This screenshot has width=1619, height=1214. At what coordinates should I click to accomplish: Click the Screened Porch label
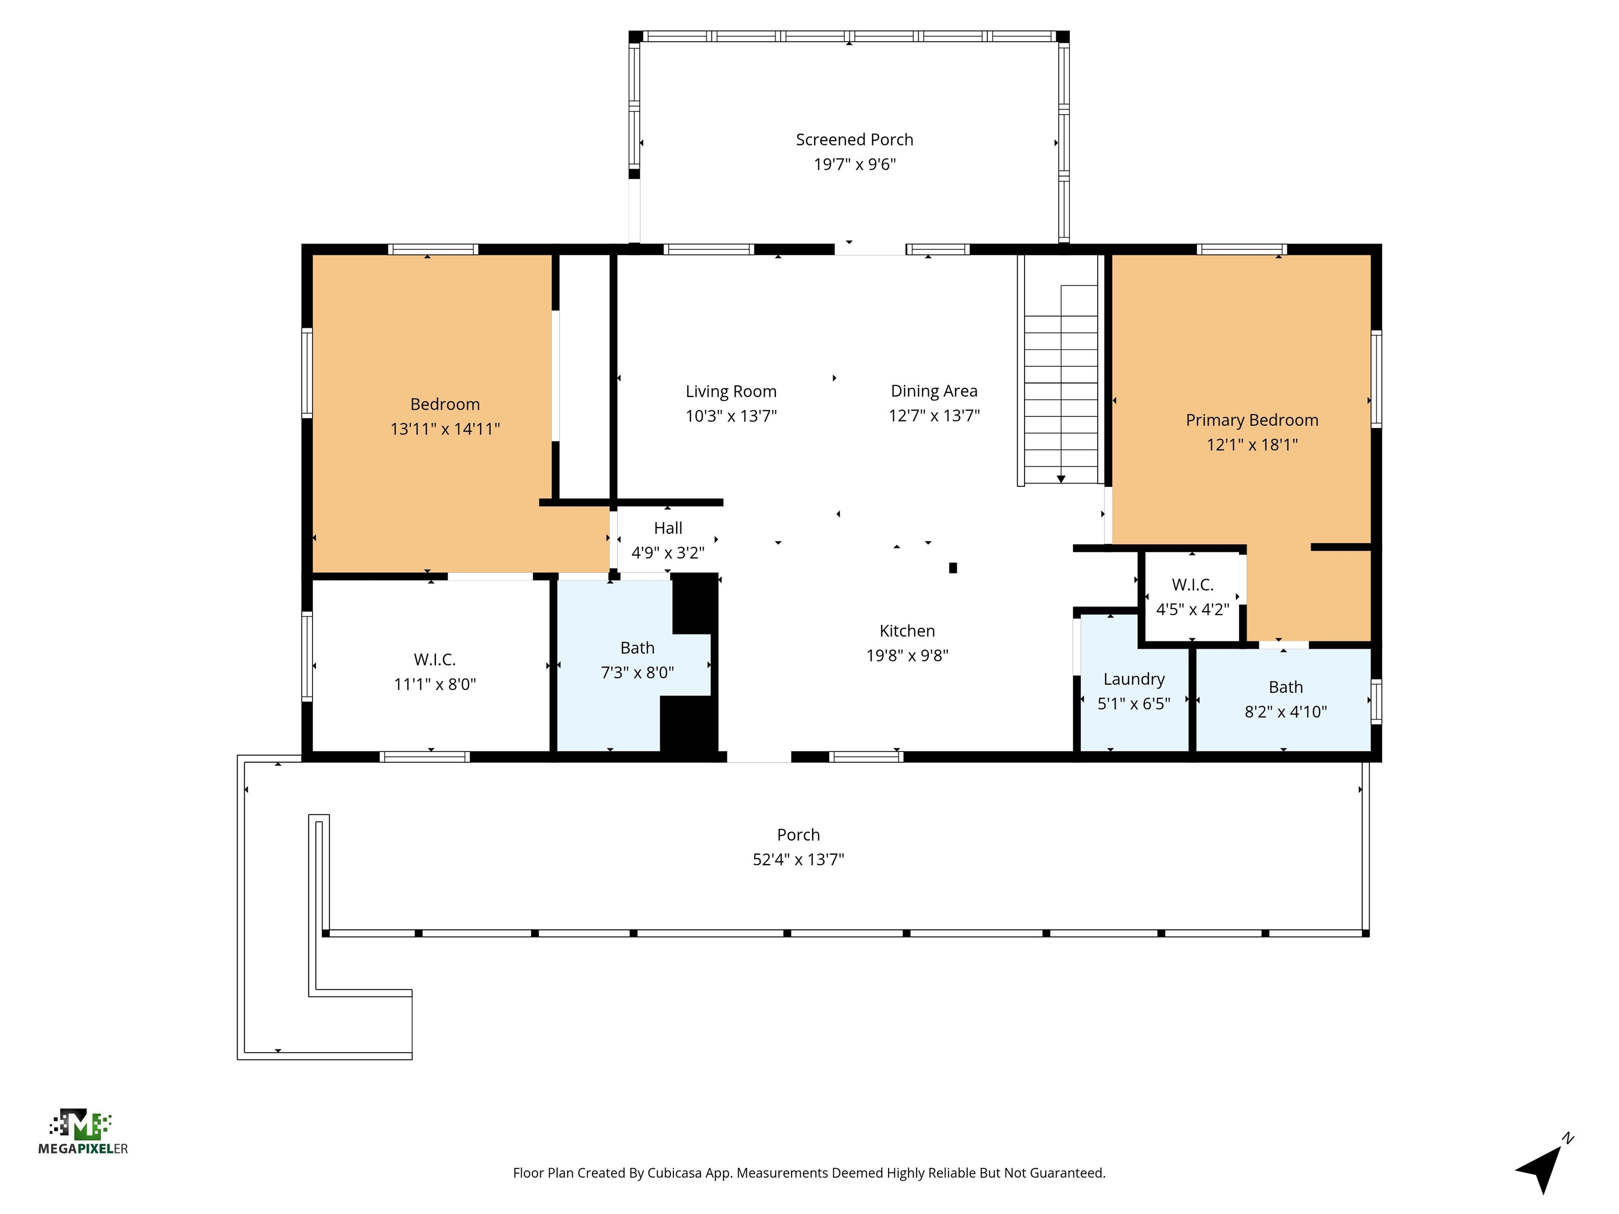pos(854,140)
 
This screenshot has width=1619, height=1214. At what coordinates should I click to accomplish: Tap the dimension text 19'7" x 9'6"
pos(854,164)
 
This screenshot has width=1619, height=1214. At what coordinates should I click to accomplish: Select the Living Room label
pos(730,391)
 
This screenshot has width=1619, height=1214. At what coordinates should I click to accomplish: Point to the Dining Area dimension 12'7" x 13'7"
pos(934,416)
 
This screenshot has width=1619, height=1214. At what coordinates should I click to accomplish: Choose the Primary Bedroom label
pos(1252,420)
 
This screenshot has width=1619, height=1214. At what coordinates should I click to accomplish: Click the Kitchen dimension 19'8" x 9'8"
pos(907,655)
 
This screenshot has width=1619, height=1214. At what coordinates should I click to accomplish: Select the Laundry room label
pos(1134,679)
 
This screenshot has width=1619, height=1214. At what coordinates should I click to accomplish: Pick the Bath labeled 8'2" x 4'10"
pos(1285,699)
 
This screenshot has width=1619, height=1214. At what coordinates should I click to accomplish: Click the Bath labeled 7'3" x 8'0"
pos(637,659)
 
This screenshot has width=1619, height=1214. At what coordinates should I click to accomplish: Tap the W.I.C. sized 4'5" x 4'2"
pos(1192,596)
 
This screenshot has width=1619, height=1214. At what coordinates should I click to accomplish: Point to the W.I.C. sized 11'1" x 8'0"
pos(435,671)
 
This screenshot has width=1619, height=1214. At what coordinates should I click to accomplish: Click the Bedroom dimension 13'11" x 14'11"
pos(444,429)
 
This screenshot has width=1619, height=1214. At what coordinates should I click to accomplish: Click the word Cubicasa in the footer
pos(674,1173)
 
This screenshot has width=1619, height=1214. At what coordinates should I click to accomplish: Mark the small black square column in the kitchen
pos(952,568)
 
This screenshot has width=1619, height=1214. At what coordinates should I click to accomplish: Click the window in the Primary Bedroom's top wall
pos(1241,250)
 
